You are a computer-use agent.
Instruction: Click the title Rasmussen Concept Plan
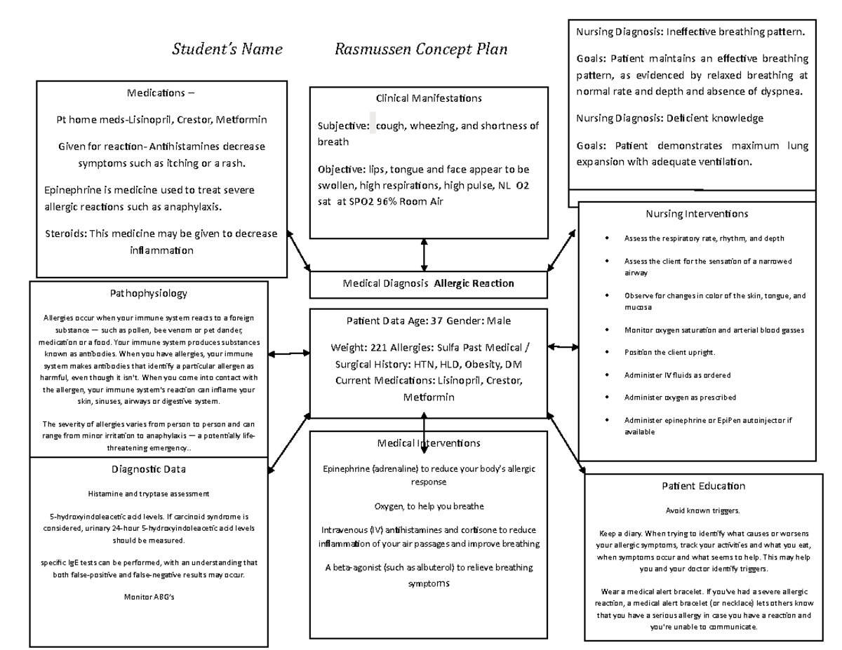tap(421, 50)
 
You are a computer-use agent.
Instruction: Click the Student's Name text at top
tap(227, 50)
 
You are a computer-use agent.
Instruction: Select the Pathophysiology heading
tap(148, 293)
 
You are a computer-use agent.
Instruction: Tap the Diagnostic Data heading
tap(148, 469)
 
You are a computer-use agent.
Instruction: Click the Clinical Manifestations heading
tap(429, 98)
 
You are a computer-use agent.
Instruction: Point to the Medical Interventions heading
tap(429, 443)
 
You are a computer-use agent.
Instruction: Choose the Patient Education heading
tap(703, 486)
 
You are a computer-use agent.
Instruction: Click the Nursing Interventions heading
tap(696, 214)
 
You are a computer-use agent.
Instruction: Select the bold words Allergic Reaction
tap(474, 283)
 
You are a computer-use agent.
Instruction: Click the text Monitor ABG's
tap(148, 597)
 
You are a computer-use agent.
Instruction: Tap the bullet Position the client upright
tap(669, 352)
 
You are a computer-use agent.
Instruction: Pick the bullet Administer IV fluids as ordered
tap(677, 375)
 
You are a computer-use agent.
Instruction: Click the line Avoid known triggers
tap(702, 510)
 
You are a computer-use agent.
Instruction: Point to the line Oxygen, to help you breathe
tap(429, 506)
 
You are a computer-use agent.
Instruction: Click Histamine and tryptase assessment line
tap(148, 494)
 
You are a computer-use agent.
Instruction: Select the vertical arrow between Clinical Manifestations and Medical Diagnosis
tap(424, 255)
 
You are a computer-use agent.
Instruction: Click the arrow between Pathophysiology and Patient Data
tap(288, 354)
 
